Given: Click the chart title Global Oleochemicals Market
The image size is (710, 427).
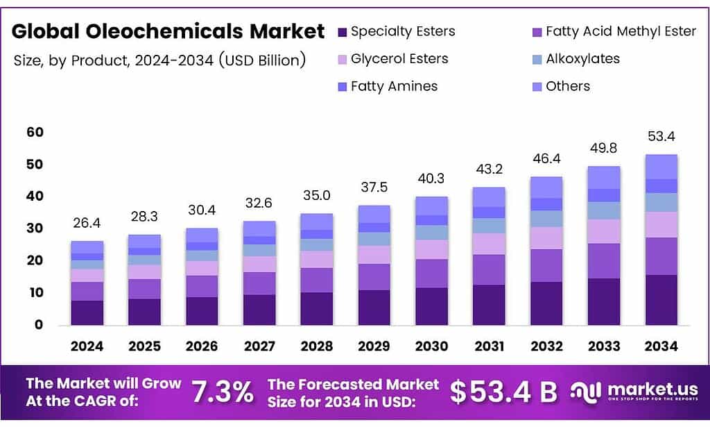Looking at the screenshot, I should (x=168, y=31).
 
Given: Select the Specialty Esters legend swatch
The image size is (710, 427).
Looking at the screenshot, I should (x=342, y=32).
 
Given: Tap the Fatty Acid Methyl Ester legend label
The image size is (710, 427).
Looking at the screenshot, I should (x=621, y=31).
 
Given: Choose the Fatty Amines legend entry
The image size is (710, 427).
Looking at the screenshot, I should (x=394, y=87).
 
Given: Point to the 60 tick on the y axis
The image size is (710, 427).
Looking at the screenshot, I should (x=35, y=132).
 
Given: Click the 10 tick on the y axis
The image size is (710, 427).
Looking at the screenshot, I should (x=35, y=292).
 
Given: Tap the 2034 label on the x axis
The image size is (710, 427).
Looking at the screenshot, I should (x=661, y=346).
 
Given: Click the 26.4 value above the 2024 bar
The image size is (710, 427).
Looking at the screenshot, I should (x=87, y=224).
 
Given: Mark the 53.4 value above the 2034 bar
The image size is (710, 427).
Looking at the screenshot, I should (x=661, y=136).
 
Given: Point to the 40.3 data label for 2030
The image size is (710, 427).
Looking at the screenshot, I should (x=431, y=179).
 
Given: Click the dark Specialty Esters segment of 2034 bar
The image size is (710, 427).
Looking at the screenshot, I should (x=661, y=300).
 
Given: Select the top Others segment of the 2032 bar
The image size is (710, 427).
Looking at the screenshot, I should (x=546, y=187).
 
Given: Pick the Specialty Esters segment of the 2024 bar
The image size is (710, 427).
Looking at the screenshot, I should (x=87, y=312).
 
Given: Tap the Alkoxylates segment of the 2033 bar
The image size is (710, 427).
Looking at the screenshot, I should (x=603, y=210).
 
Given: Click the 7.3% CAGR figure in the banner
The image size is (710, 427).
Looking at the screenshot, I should (x=223, y=392).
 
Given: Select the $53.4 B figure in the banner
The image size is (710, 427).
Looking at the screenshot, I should (x=503, y=392).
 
